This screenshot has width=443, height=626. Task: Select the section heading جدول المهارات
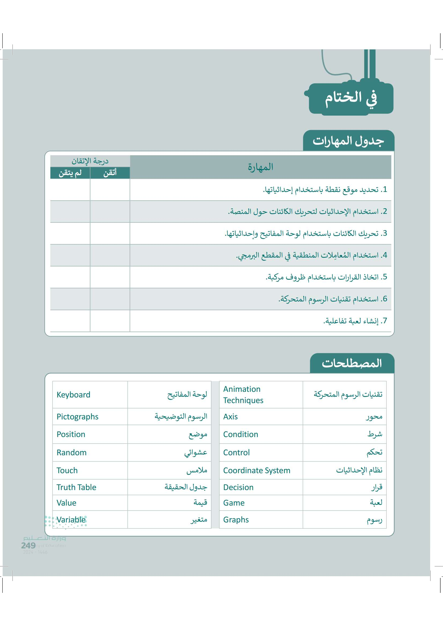coord(348,141)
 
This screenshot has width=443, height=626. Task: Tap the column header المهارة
coord(261,167)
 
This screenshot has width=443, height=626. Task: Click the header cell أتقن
coord(110,173)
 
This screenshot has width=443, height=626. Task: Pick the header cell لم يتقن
coord(70,173)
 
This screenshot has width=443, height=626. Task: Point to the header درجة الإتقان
coord(90,161)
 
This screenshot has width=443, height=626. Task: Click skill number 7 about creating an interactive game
coord(355,321)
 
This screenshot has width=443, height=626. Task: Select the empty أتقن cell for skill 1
coord(110,189)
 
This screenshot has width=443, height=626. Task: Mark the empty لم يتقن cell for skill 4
coord(70,255)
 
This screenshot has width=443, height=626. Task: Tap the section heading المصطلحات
coord(352,363)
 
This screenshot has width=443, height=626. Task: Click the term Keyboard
coord(73,394)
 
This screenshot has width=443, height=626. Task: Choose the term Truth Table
coord(76,487)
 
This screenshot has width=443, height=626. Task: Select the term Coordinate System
coord(256,470)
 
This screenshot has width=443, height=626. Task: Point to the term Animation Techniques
coord(243,394)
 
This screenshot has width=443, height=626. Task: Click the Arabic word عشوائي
coord(196,453)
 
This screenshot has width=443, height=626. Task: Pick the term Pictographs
coord(77,417)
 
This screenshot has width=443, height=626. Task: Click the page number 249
coord(28,545)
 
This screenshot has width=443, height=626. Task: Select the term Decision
coord(238,487)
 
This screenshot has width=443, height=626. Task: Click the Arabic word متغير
coord(199,520)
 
